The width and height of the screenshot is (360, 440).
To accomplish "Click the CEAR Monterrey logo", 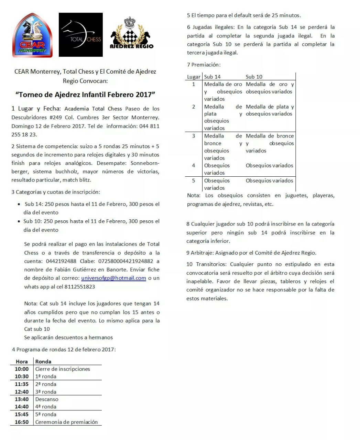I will (32, 35).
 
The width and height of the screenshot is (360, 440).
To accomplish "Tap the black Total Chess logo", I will (81, 35).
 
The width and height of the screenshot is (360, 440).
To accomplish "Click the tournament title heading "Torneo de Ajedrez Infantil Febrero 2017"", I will (85, 94).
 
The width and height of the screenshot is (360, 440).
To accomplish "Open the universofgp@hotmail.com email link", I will (113, 278).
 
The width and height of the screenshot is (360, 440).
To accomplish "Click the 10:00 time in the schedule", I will (22, 369).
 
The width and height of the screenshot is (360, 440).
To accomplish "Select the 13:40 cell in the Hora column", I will (22, 399).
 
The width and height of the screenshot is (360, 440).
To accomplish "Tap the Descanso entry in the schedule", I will (47, 399).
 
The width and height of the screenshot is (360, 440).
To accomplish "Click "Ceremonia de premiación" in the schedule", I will (66, 422).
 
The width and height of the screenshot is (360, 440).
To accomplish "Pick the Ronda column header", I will (43, 361).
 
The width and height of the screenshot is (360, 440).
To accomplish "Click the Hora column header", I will (22, 361).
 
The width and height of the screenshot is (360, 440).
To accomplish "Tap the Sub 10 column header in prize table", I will (254, 77).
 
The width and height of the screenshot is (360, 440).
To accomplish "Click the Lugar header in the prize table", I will (194, 77).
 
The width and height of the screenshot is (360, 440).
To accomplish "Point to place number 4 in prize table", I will (194, 165).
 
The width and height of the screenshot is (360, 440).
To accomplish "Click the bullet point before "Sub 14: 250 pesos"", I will (19, 204).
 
